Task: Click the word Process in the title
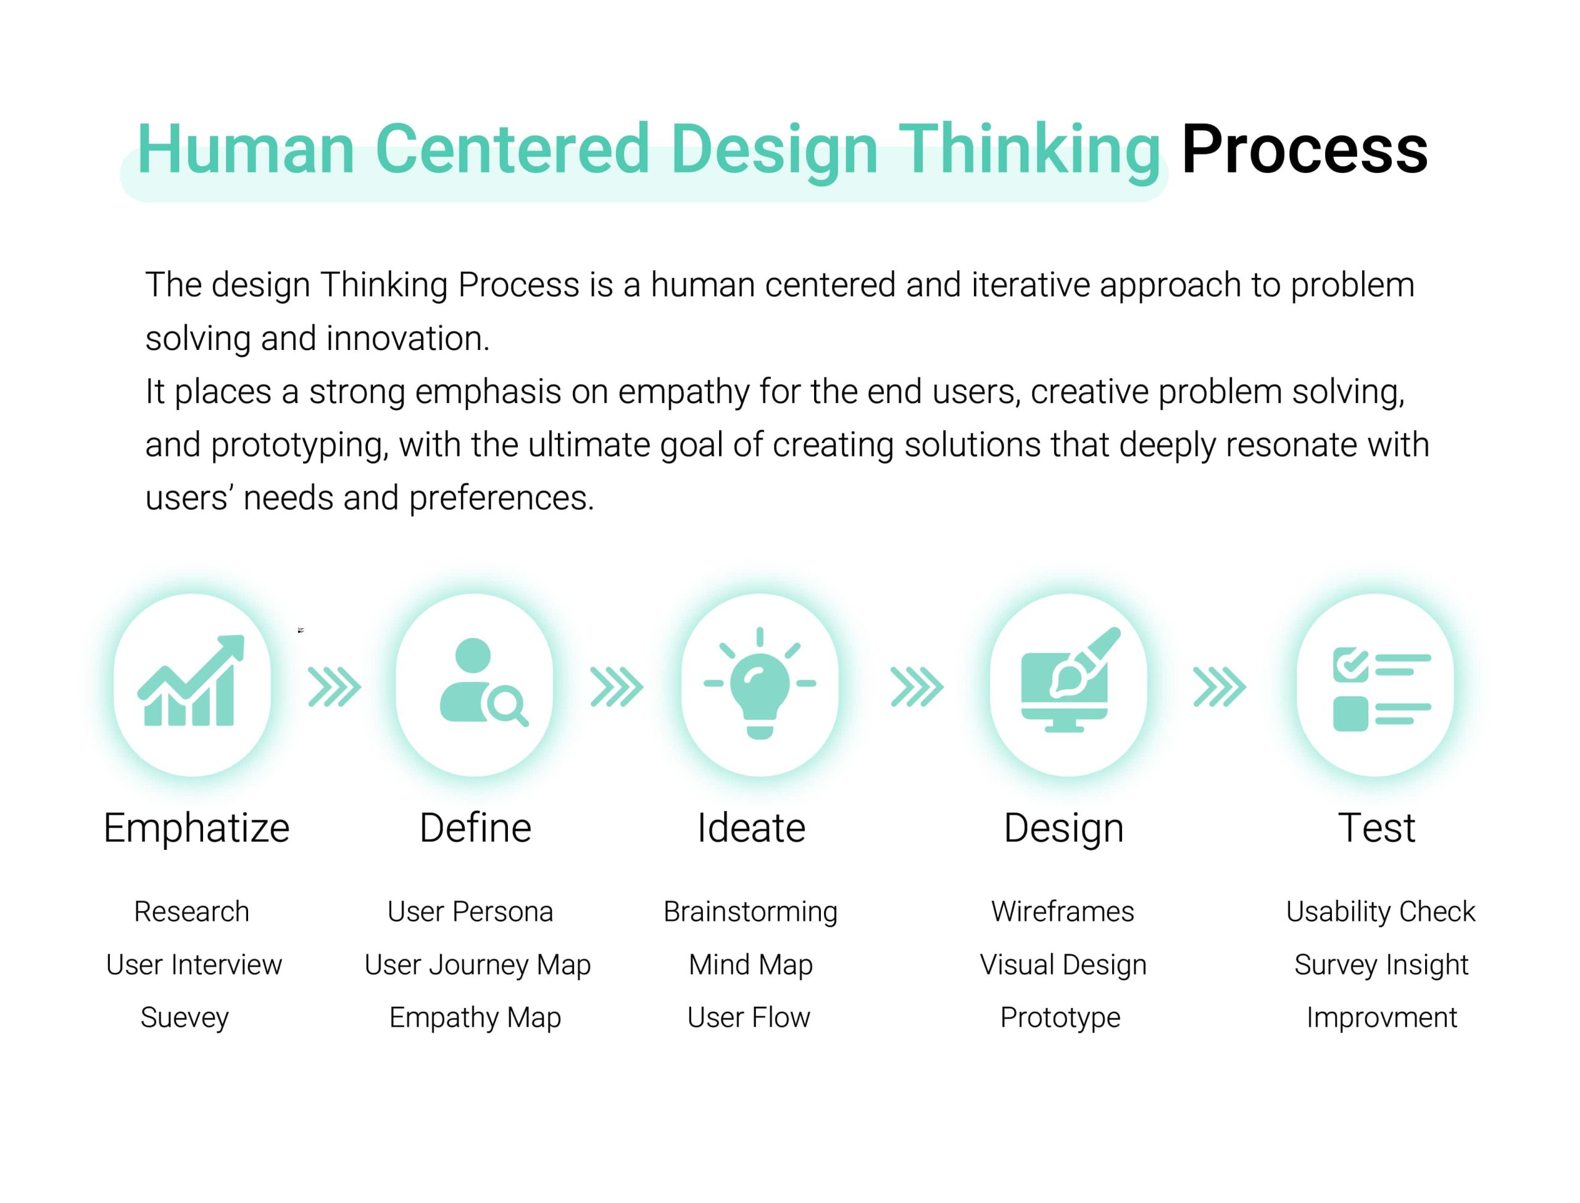coord(1303,149)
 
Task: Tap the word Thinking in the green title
coord(1028,152)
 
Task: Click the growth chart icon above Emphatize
coord(191,680)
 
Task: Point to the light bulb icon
coord(760,683)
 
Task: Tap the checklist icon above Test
coord(1381,689)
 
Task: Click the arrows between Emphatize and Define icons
coord(335,687)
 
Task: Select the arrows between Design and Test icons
coord(1219,687)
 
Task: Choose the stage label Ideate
coord(751,828)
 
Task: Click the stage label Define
coord(475,828)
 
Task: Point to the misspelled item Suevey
coord(185,1018)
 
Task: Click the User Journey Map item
coord(478,965)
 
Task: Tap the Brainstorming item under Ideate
coord(750,912)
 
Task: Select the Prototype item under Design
coord(1060,1018)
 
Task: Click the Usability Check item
coord(1380,912)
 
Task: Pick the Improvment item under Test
coord(1382,1018)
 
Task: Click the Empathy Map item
coord(475,1018)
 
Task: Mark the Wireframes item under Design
coord(1062,912)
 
